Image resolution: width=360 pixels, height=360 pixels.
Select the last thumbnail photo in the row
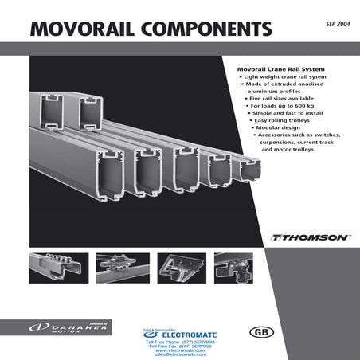pos(233,268)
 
